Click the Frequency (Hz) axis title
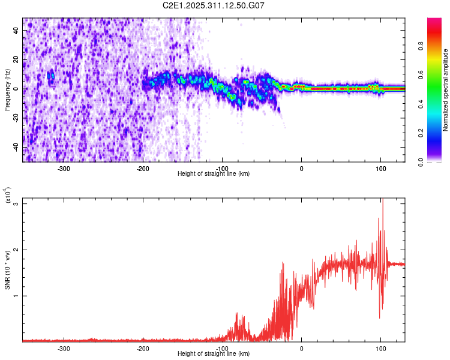[7, 89]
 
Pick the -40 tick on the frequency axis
[16, 148]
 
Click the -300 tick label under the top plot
[64, 168]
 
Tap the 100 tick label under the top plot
[380, 168]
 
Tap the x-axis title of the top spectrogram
[214, 174]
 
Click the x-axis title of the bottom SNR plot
[214, 354]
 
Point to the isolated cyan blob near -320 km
[51, 76]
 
